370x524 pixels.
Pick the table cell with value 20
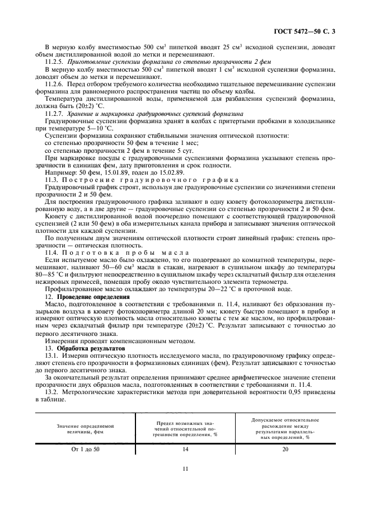285,449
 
